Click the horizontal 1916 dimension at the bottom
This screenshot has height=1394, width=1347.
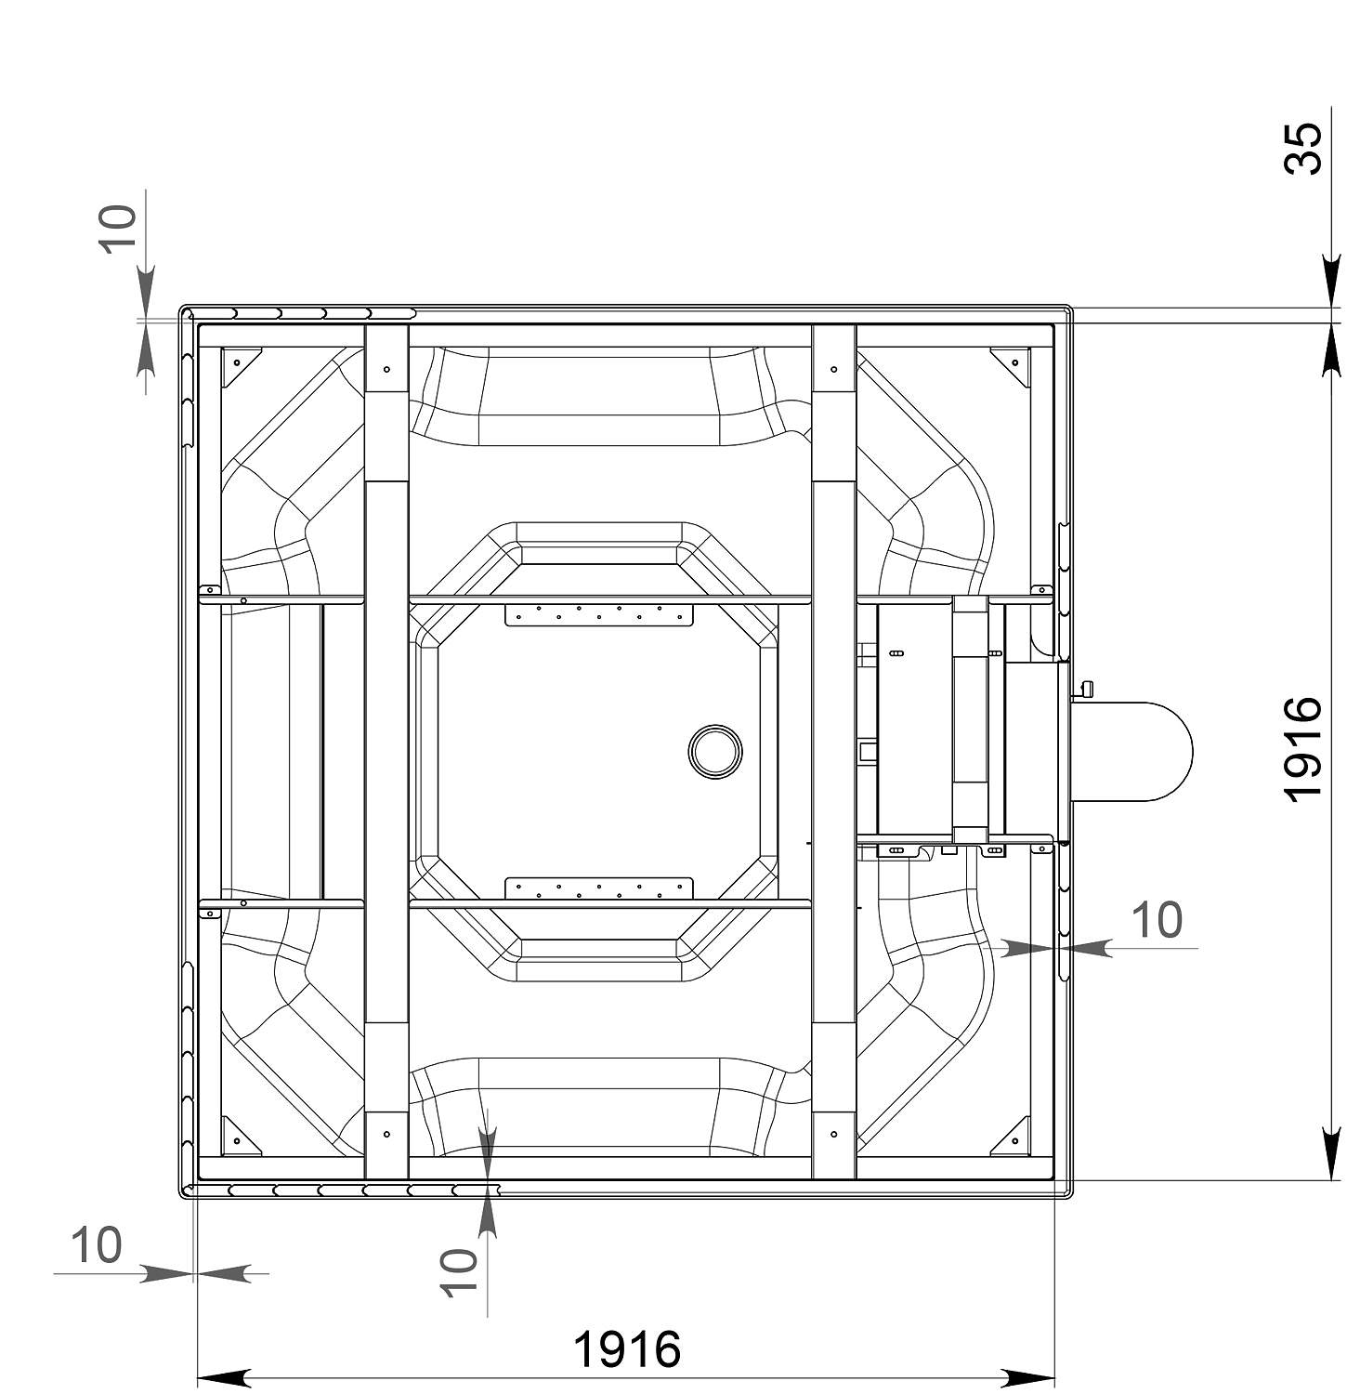[x=627, y=1348]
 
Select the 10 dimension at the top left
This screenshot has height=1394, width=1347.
[x=118, y=228]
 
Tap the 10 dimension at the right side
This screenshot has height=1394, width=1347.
[x=1157, y=920]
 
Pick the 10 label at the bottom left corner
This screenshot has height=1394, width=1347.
[x=96, y=1245]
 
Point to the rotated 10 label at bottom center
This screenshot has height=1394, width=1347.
[x=458, y=1272]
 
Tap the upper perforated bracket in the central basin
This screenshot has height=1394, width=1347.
[x=599, y=613]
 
